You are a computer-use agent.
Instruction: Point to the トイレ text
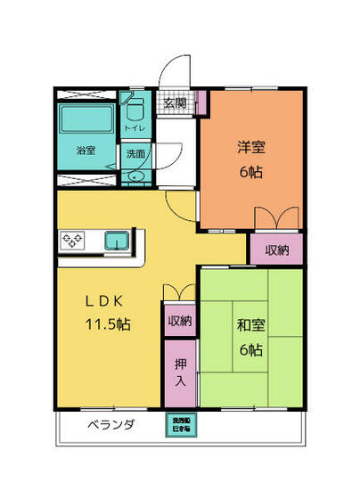pyautogui.click(x=135, y=128)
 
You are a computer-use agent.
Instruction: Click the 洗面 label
pyautogui.click(x=135, y=153)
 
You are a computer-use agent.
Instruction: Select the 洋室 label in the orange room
pyautogui.click(x=250, y=147)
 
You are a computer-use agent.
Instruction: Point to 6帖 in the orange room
pyautogui.click(x=250, y=172)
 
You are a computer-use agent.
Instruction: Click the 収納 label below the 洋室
pyautogui.click(x=275, y=250)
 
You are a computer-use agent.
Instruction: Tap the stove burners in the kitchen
pyautogui.click(x=72, y=241)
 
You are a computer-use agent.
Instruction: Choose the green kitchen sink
pyautogui.click(x=117, y=241)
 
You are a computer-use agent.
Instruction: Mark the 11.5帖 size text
pyautogui.click(x=107, y=324)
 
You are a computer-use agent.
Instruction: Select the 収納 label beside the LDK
pyautogui.click(x=180, y=320)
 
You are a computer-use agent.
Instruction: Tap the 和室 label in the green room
pyautogui.click(x=250, y=325)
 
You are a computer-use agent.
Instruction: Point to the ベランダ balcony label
pyautogui.click(x=110, y=425)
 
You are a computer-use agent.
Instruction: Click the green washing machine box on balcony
pyautogui.click(x=181, y=425)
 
